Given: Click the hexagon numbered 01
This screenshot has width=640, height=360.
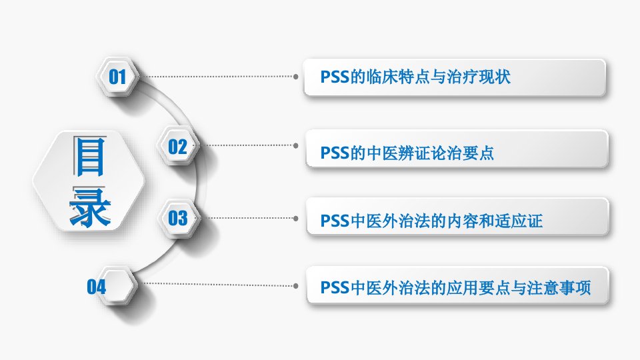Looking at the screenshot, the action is (x=117, y=76).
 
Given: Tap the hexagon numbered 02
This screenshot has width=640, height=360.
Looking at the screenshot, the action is (x=178, y=146).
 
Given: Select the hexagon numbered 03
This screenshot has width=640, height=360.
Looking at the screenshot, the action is (x=179, y=218).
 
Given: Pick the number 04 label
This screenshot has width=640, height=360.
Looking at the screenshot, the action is (x=96, y=287).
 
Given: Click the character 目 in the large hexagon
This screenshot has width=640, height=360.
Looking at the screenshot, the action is (x=90, y=156).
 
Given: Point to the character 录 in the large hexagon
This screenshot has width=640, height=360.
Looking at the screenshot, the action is (x=90, y=207).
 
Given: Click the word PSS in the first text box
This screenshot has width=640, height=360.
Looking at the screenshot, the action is (x=335, y=77).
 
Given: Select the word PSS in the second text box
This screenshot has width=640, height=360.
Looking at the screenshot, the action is (x=335, y=153).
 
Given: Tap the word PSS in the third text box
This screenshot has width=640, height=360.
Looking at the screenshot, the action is (x=335, y=221).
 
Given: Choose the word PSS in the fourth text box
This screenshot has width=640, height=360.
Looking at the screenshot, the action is (x=335, y=288).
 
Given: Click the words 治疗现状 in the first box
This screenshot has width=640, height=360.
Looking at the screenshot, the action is (x=479, y=77).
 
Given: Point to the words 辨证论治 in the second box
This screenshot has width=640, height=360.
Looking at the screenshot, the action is (x=430, y=153).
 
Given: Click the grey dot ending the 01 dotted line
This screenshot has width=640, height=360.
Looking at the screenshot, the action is (x=296, y=76).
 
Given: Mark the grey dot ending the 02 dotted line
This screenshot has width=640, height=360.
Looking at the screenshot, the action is (x=296, y=145).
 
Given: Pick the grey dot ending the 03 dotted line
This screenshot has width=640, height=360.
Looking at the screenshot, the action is (x=296, y=219).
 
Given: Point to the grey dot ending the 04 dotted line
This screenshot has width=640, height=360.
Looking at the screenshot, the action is (x=296, y=286).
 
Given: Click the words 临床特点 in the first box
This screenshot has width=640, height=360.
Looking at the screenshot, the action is (x=399, y=77).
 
